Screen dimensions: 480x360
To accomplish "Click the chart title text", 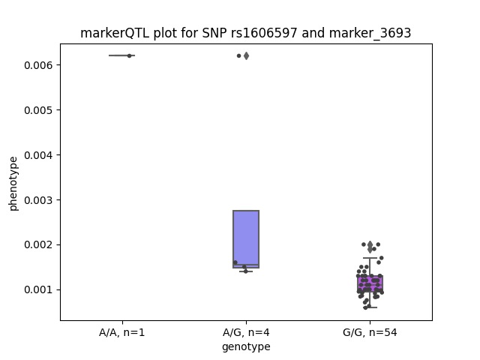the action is point(245,33).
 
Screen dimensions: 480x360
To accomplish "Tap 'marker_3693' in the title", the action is point(370,33).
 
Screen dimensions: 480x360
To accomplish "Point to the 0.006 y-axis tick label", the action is point(38,65).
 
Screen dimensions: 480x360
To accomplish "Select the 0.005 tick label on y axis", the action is point(38,110).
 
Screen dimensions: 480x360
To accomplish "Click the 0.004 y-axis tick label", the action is point(38,155).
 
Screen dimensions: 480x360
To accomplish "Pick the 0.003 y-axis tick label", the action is point(38,200).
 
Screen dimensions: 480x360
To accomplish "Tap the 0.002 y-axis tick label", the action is point(38,245).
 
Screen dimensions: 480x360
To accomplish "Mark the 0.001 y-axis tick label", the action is point(38,290).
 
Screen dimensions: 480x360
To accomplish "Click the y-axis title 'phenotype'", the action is point(13,184).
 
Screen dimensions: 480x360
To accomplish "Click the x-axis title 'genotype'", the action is point(246,346).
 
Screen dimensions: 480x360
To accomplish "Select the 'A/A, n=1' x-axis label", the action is point(121,332).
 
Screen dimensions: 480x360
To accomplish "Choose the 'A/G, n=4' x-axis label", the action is point(246,332).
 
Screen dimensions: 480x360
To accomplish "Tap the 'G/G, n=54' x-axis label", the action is point(370,332).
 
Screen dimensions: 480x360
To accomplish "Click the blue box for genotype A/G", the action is point(246,239).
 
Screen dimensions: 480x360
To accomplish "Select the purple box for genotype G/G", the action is point(370,283).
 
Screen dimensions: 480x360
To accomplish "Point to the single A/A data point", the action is point(129,55).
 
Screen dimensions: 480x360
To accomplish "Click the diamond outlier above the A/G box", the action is point(246,55).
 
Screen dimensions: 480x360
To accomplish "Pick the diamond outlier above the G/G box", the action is point(370,247).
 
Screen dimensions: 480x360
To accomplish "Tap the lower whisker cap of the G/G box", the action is point(370,307).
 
